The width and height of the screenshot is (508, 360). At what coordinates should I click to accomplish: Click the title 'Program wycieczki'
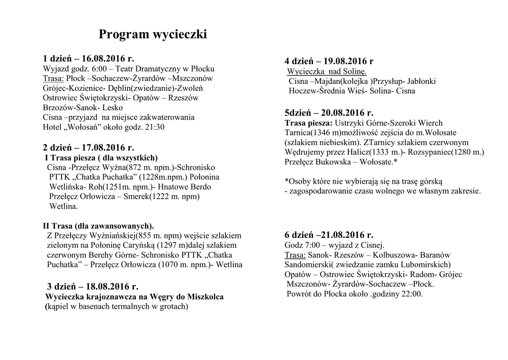[x=152, y=35]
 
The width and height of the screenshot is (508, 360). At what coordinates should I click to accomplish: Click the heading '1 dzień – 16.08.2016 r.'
[x=89, y=59]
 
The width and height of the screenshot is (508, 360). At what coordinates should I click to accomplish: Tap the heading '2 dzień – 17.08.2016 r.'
[x=89, y=147]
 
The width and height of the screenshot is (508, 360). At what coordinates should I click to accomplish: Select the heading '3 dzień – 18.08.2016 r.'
[x=92, y=287]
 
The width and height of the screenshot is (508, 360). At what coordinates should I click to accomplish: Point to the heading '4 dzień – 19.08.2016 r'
[x=329, y=61]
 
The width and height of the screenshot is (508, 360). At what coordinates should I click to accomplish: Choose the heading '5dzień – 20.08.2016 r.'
[x=329, y=113]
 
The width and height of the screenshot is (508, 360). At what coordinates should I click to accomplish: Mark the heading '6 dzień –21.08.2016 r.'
[x=329, y=235]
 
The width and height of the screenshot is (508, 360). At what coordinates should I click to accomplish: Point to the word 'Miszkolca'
[x=205, y=297]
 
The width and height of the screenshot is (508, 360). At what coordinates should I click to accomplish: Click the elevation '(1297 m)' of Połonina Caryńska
[x=175, y=245]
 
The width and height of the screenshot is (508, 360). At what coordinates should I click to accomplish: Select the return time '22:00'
[x=412, y=294]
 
